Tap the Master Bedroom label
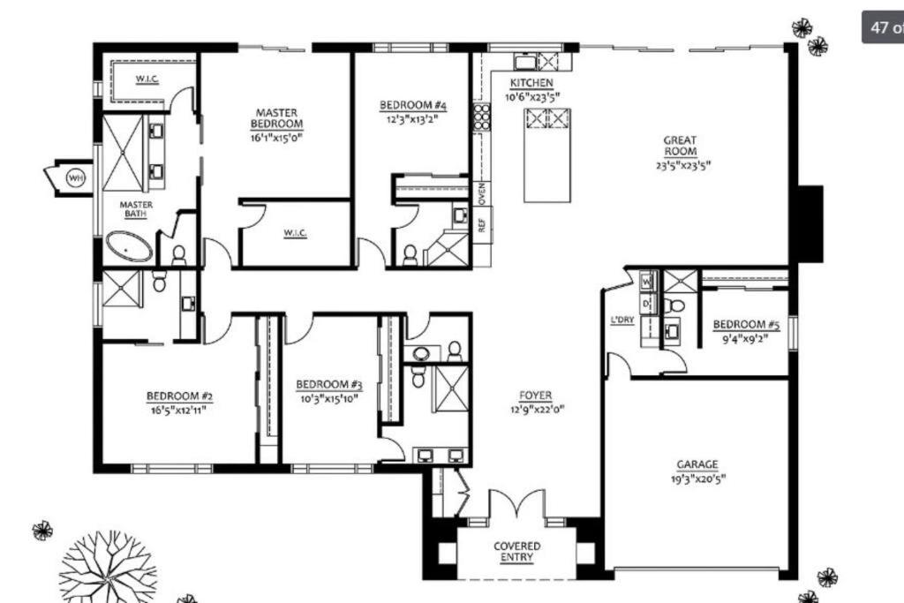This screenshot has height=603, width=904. coord(276,118)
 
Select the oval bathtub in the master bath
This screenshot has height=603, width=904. coord(129,246)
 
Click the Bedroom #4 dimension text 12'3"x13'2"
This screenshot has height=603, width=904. coord(413,120)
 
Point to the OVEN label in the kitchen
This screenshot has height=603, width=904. coord(482,193)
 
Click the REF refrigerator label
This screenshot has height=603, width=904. coord(482,224)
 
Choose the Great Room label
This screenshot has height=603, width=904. coord(681,146)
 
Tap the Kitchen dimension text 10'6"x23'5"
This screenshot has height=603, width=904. coord(532,97)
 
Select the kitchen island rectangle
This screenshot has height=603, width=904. coord(547,155)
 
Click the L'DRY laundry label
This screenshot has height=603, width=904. coord(622,320)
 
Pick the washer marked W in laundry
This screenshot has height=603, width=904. coord(647,282)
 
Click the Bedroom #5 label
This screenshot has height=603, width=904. coord(746,325)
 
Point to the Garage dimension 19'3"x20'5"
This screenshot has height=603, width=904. coord(698,479)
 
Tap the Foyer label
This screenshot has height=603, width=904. coord(536,396)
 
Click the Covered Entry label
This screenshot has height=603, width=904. coord(517,551)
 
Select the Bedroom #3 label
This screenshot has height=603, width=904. coord(329,385)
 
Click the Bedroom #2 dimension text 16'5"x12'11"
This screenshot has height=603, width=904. coord(178,410)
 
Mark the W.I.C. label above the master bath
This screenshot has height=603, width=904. coord(147,79)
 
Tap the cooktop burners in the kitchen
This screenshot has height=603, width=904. coord(481,117)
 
